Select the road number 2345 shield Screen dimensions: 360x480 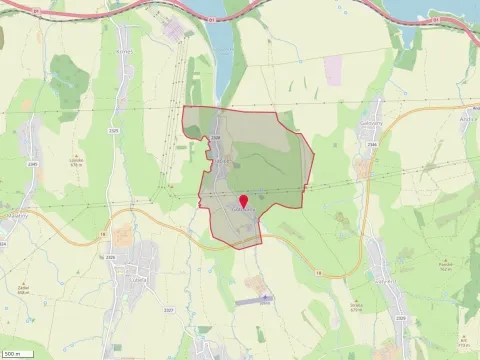pyautogui.click(x=33, y=163)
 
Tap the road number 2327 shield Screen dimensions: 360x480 pyautogui.click(x=168, y=311)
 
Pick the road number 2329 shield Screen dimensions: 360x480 pyautogui.click(x=400, y=318)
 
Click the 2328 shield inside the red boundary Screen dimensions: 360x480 pyautogui.click(x=217, y=139)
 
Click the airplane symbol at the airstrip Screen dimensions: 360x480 pyautogui.click(x=264, y=297)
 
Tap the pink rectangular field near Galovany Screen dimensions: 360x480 pyautogui.click(x=332, y=68)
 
